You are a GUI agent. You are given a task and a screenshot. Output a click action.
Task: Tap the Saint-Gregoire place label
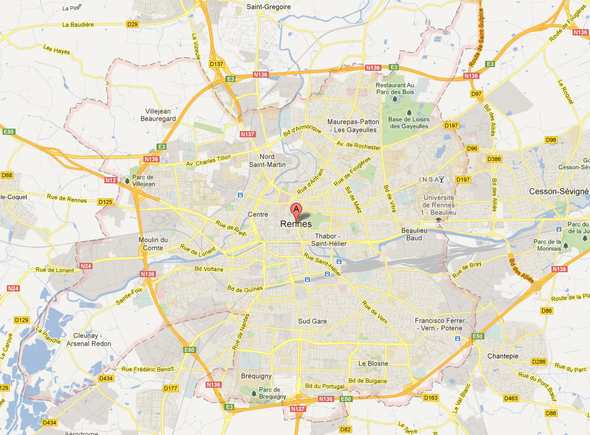[x=269, y=7]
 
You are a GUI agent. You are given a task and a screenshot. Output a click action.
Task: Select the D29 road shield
[x=132, y=24]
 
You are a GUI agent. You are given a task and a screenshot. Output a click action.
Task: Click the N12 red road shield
[x=111, y=180]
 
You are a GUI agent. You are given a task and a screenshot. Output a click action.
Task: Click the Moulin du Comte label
[x=153, y=244]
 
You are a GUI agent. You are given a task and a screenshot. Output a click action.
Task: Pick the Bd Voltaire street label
[x=209, y=269]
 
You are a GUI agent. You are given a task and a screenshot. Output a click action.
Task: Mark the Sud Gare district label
[x=312, y=321]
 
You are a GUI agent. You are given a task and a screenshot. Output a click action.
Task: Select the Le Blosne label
[x=373, y=364]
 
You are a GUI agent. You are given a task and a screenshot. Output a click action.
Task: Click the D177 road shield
[x=170, y=388]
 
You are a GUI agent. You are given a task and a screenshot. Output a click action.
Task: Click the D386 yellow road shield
[x=494, y=159]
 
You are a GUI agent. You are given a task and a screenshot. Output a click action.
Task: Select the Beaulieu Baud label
[x=415, y=234]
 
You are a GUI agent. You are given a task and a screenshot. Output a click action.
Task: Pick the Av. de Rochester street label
[x=358, y=145]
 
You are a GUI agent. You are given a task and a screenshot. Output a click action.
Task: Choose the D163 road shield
[x=430, y=397]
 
